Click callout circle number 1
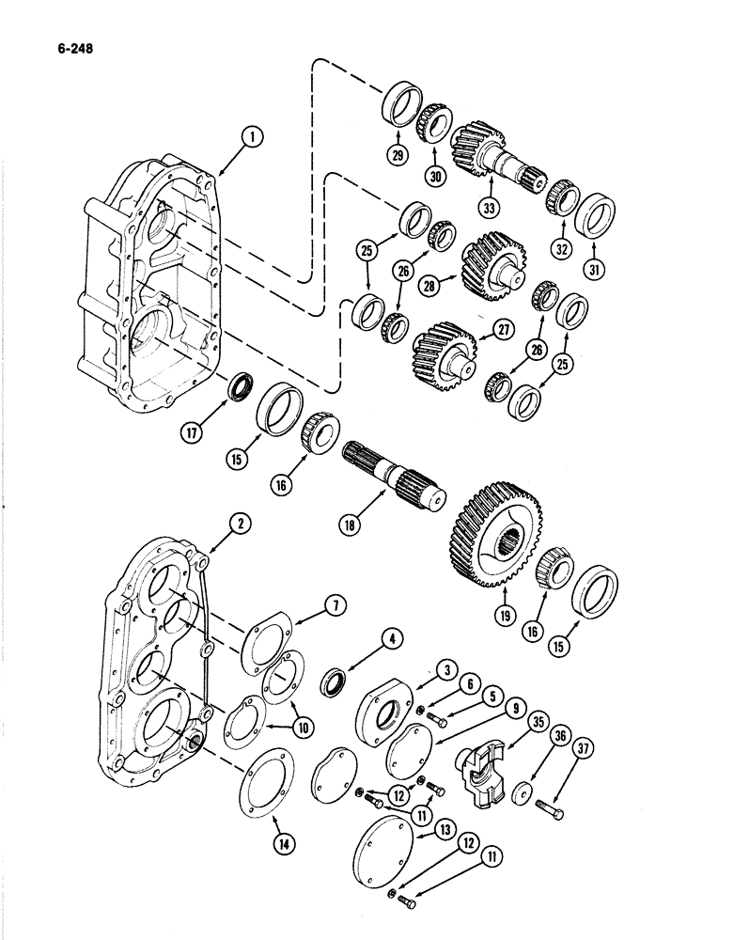[251, 138]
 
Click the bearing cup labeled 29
[405, 102]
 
